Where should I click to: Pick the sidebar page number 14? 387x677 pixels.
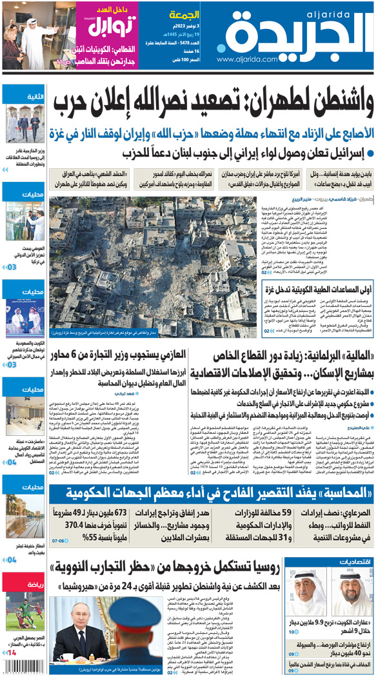tap(13, 653)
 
